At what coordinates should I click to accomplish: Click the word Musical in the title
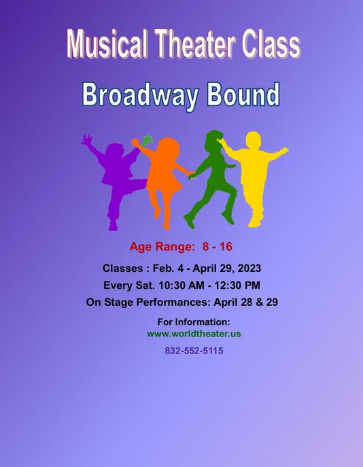tap(107, 44)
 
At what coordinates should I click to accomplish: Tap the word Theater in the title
tap(195, 44)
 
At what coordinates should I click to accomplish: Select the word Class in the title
tap(271, 44)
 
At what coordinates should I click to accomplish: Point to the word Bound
tap(243, 94)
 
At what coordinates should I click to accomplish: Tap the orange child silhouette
tap(162, 179)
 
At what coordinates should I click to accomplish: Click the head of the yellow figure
tap(254, 140)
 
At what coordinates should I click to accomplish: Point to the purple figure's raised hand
tap(86, 139)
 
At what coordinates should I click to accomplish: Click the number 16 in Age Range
tap(226, 247)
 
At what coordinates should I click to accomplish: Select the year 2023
tap(249, 269)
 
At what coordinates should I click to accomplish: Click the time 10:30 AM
tap(181, 286)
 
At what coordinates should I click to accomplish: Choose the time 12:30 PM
tap(237, 286)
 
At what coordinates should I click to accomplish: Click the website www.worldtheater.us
tap(194, 334)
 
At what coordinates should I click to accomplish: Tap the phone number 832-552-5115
tap(194, 351)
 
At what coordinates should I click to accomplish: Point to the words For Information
tap(194, 322)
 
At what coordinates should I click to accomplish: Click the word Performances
tap(173, 302)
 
